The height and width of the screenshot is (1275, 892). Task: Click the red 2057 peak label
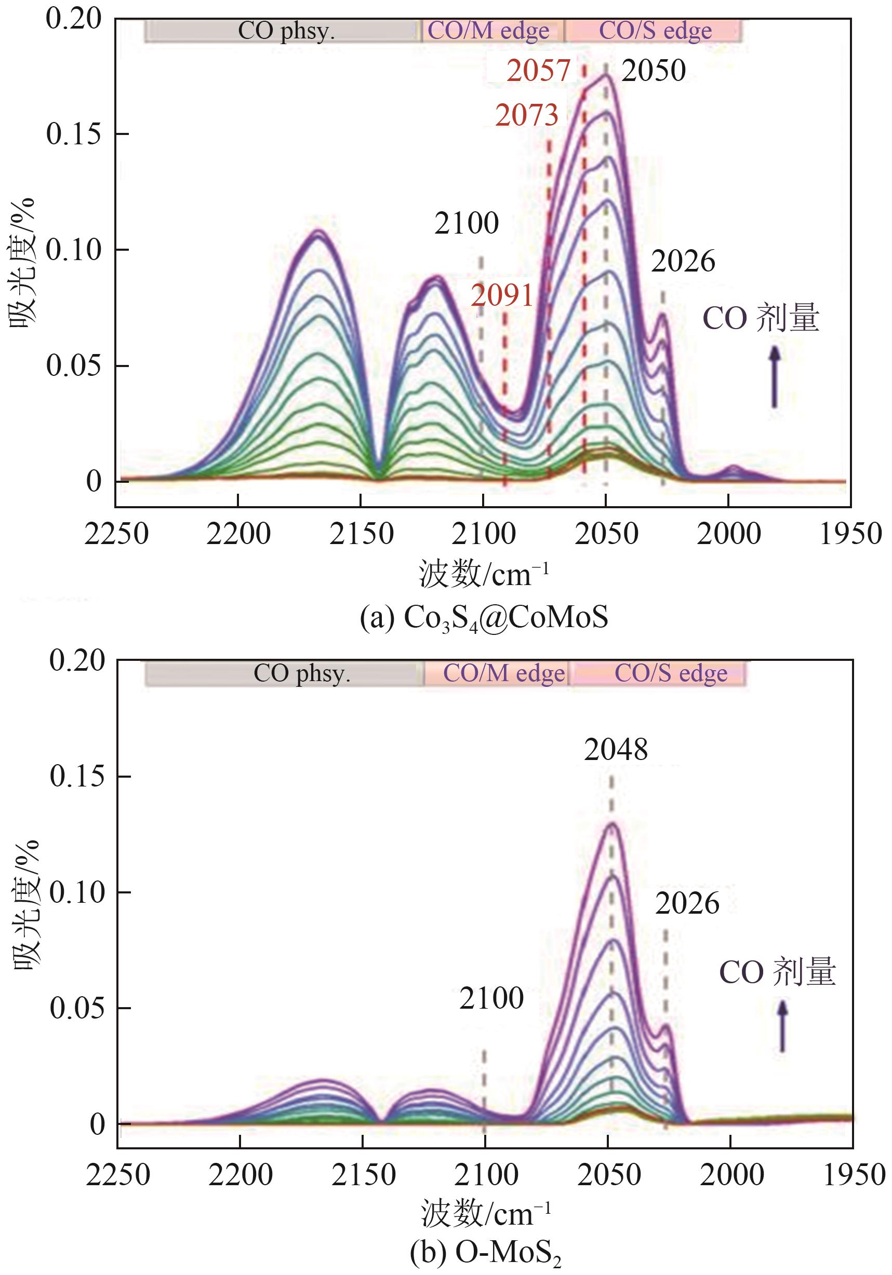click(538, 71)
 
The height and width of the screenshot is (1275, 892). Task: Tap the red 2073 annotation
click(526, 115)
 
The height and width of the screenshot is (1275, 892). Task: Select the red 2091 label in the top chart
click(502, 295)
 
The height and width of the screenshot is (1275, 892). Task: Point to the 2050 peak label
click(654, 71)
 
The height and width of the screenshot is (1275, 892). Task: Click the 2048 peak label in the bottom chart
click(616, 750)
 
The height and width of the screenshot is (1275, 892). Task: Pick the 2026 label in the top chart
click(683, 262)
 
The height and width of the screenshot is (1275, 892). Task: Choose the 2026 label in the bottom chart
click(687, 903)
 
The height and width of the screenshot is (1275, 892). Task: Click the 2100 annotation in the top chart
click(467, 224)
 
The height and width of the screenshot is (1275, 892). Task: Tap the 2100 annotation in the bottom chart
click(491, 998)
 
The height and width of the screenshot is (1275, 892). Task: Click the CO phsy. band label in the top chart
click(286, 31)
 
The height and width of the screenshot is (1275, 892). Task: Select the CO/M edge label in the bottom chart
click(503, 674)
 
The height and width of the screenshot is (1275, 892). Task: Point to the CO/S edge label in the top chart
click(655, 31)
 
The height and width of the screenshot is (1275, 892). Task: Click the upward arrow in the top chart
click(774, 377)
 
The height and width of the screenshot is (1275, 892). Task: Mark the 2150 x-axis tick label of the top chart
click(361, 535)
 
